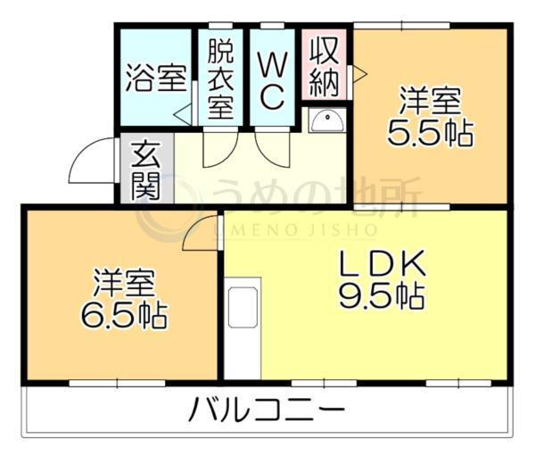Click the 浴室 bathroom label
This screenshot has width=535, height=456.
tap(156, 79)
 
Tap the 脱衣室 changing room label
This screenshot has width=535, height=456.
tap(221, 79)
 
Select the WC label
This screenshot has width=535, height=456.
tap(272, 79)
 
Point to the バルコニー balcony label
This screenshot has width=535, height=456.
tap(267, 412)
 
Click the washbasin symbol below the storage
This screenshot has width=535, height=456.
tap(325, 120)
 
